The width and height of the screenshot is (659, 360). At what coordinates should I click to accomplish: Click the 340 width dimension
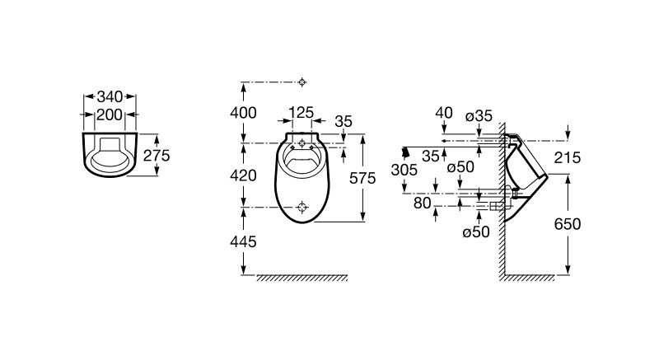(x=110, y=97)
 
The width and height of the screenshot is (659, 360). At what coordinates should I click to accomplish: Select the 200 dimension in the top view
(x=110, y=115)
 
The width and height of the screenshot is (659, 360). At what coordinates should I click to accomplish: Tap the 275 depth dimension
(x=157, y=156)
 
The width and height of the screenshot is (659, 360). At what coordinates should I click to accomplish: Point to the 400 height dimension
(x=243, y=113)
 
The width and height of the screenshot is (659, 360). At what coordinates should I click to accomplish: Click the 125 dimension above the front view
(x=301, y=113)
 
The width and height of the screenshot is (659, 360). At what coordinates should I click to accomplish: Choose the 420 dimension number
(x=243, y=175)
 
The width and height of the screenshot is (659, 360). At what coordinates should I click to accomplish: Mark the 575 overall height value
(x=362, y=178)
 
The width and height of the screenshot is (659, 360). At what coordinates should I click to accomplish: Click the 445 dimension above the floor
(x=243, y=241)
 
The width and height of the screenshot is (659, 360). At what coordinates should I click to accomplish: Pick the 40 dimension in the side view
(x=444, y=113)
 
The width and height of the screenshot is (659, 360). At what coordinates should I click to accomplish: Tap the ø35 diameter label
(x=479, y=116)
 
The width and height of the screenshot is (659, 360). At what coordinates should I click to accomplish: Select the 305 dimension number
(x=404, y=171)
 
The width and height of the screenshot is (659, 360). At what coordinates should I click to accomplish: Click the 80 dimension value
(x=423, y=203)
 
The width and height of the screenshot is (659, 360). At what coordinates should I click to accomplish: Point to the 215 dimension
(x=567, y=157)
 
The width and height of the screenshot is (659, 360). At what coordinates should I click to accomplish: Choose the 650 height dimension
(x=568, y=224)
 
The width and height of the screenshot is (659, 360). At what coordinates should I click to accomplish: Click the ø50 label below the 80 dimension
(x=476, y=231)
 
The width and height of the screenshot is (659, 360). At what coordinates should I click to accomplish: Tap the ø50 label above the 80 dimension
(x=460, y=167)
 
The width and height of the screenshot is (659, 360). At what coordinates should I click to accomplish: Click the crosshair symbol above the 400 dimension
(x=301, y=82)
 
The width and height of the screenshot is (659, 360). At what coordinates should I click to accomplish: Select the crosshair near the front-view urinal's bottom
(x=301, y=207)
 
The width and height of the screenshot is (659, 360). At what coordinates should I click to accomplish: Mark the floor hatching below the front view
(x=301, y=278)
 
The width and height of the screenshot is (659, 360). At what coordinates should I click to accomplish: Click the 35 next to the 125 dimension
(x=344, y=121)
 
